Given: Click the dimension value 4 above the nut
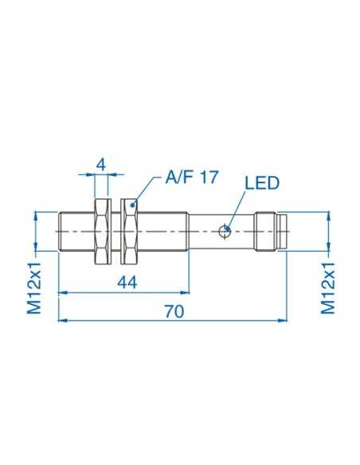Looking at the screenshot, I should (x=101, y=164).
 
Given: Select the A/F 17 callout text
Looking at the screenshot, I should (x=190, y=178).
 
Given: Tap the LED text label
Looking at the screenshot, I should (x=262, y=183).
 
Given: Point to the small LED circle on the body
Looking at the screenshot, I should (x=225, y=232).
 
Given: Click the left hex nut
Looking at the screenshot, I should (x=101, y=232).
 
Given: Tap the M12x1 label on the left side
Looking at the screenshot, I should (x=35, y=283).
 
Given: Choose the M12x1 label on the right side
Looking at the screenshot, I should (x=327, y=283).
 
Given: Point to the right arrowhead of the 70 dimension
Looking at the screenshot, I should (x=284, y=321).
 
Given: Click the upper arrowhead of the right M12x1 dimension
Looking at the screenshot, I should (x=327, y=215).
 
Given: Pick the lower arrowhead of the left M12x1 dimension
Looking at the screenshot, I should (x=35, y=248).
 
